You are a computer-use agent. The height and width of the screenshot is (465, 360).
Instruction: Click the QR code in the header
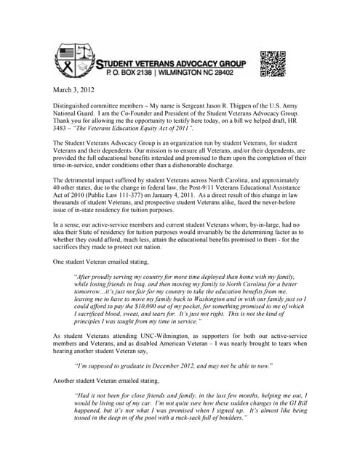(273, 63)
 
